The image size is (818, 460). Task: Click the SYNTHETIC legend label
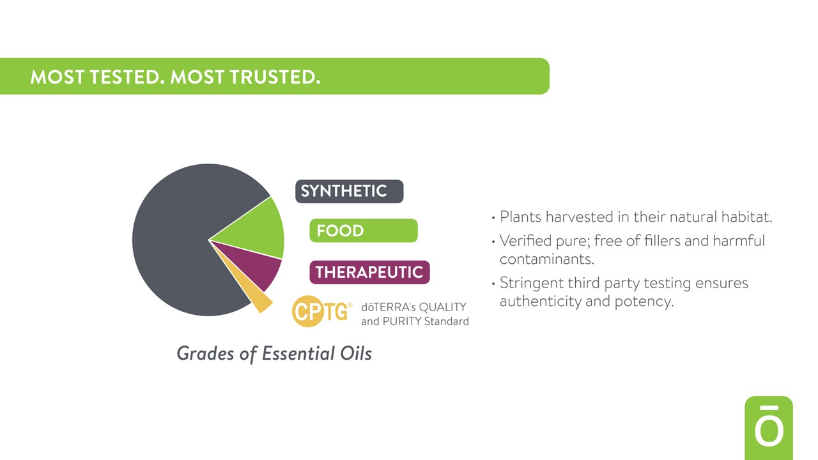tap(350, 191)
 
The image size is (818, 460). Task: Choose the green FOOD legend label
tap(364, 231)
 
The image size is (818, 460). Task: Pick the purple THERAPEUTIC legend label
tap(369, 272)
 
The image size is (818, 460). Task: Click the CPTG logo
tap(321, 311)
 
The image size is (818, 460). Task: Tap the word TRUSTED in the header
tap(275, 77)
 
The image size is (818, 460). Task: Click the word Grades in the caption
tap(205, 353)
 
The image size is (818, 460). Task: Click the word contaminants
tap(546, 259)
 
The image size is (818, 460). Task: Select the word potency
tap(644, 302)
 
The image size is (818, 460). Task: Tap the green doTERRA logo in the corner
tap(769, 428)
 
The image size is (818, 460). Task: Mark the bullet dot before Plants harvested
tap(493, 218)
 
